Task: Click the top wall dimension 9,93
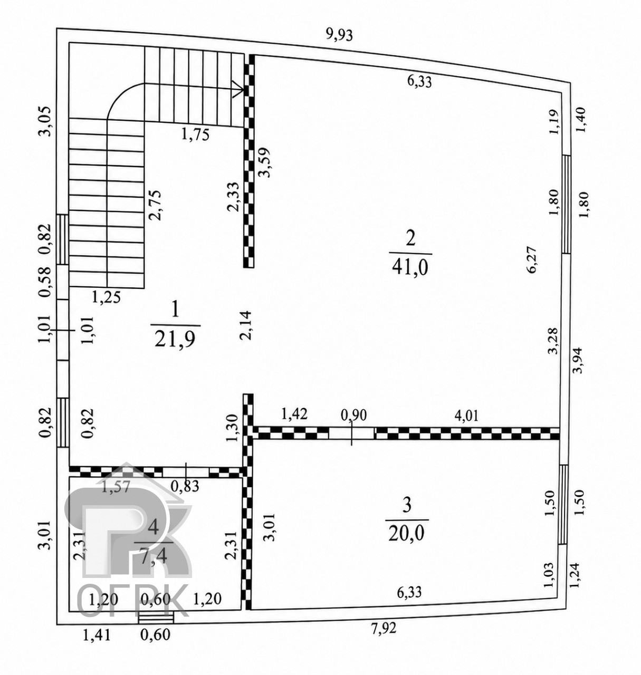pyautogui.click(x=339, y=35)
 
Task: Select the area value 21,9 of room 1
pyautogui.click(x=175, y=339)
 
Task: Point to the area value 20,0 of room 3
pyautogui.click(x=407, y=533)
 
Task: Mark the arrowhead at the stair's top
pyautogui.click(x=239, y=90)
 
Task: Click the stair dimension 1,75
pyautogui.click(x=195, y=134)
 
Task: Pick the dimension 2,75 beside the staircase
pyautogui.click(x=155, y=205)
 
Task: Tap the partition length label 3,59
pyautogui.click(x=265, y=162)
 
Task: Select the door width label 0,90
pyautogui.click(x=354, y=416)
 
